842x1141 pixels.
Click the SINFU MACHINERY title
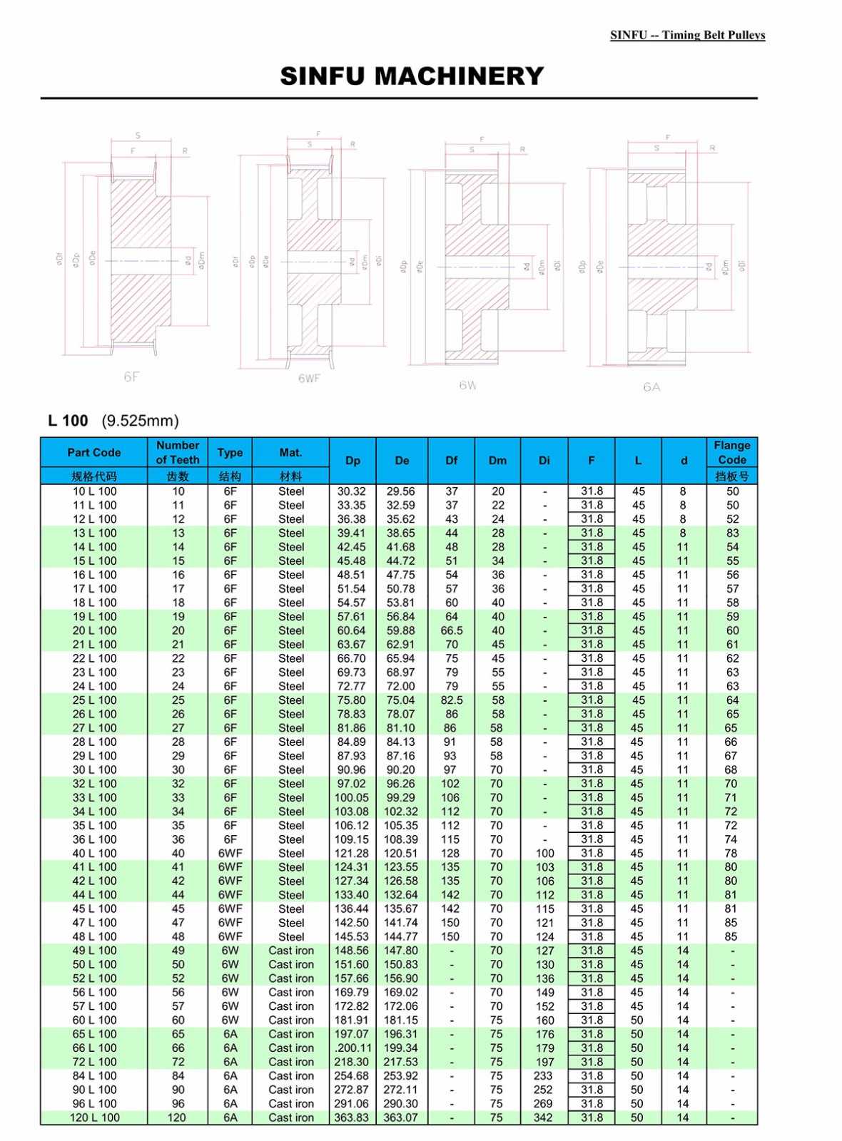tap(412, 76)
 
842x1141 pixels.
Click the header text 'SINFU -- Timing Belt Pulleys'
tap(687, 35)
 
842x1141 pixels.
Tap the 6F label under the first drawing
tap(131, 377)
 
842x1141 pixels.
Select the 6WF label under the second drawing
tap(309, 378)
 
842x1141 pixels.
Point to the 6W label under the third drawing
tap(467, 385)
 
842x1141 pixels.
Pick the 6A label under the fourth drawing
tap(651, 387)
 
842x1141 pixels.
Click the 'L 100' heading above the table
tap(69, 421)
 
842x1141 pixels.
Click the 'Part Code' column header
tap(94, 452)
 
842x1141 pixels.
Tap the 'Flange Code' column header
tap(731, 452)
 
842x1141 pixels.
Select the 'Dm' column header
tap(497, 461)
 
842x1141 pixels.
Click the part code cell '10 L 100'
tap(94, 491)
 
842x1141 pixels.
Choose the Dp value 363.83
tap(352, 1117)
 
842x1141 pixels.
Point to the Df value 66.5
tap(451, 630)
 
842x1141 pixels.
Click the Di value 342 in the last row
tap(544, 1117)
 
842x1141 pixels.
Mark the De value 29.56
tap(401, 491)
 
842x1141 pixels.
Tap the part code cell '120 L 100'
tap(94, 1117)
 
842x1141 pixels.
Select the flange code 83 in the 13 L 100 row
tap(732, 533)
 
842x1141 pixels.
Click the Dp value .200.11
tap(352, 1048)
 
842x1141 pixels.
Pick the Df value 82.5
tap(451, 700)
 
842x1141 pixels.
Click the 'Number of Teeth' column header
tap(178, 452)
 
